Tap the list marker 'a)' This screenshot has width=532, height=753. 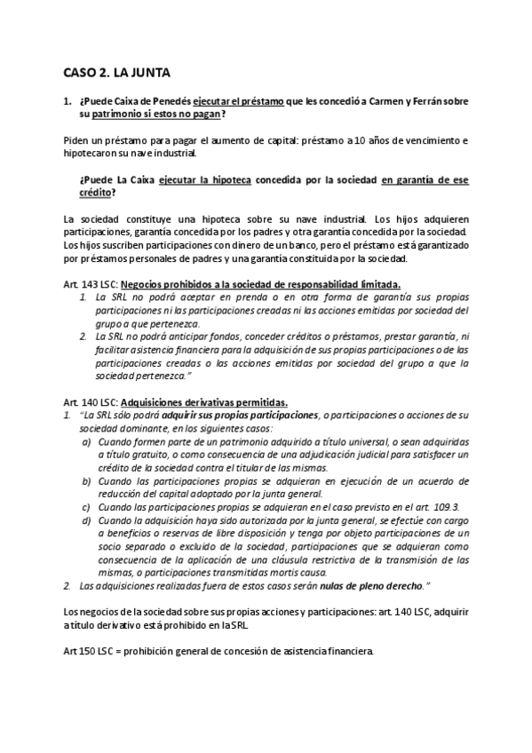coord(86,439)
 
